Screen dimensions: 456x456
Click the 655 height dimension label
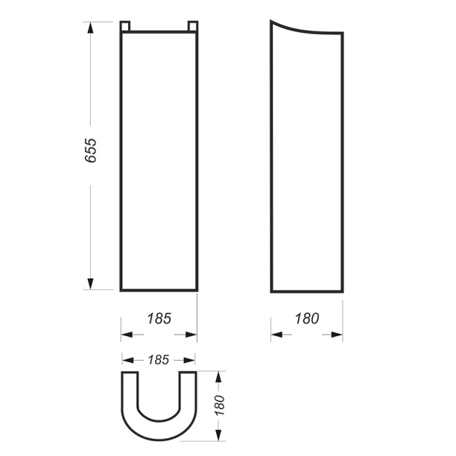[90, 151]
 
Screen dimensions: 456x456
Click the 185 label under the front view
[159, 318]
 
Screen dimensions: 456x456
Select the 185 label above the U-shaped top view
[159, 360]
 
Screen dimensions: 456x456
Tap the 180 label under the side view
[307, 318]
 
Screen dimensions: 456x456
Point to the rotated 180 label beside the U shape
[220, 405]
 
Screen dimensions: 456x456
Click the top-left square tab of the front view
[125, 26]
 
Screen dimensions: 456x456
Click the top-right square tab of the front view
[193, 26]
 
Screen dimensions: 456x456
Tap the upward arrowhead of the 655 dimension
[90, 28]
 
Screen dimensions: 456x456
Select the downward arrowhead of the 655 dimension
[90, 284]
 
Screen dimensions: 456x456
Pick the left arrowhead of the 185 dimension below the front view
[127, 335]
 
